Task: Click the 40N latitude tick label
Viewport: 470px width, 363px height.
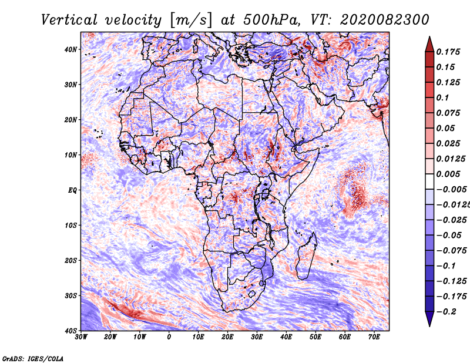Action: [x=70, y=49]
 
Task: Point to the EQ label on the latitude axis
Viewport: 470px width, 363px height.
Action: [x=72, y=190]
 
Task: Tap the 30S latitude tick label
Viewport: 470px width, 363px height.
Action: [x=70, y=296]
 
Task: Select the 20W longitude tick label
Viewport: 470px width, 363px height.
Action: [x=110, y=337]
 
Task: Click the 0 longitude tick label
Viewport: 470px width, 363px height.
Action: [x=169, y=337]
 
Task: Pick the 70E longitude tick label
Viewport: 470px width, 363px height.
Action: [x=374, y=337]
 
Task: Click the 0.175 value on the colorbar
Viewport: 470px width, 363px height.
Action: [x=448, y=52]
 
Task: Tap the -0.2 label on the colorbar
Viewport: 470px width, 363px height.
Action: [x=446, y=312]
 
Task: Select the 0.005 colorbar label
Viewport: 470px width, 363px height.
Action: [x=448, y=174]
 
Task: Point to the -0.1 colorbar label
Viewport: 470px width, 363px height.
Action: [x=446, y=266]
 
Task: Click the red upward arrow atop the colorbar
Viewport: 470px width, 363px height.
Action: [x=429, y=45]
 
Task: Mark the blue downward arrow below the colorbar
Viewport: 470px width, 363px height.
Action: [x=429, y=319]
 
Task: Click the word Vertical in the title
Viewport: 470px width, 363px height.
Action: [x=69, y=20]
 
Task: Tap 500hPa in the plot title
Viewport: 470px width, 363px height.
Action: [x=270, y=20]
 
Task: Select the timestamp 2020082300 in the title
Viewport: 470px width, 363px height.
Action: [x=385, y=20]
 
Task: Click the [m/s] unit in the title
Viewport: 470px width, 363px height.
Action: [x=191, y=21]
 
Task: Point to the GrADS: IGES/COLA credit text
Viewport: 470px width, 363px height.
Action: [x=33, y=359]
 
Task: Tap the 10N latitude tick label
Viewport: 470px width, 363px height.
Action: [x=70, y=155]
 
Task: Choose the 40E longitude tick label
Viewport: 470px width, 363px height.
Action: [x=286, y=337]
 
